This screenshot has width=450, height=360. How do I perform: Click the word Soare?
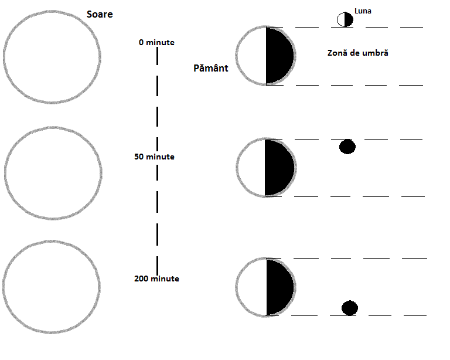pos(99,14)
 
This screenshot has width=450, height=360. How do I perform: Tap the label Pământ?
pos(210,68)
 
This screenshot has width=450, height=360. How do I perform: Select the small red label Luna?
pos(363,11)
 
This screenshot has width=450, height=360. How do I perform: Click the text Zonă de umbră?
pos(358,53)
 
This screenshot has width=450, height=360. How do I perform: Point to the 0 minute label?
pos(156,42)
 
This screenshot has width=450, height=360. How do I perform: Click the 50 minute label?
pos(154,157)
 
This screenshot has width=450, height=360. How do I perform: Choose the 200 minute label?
pos(156,279)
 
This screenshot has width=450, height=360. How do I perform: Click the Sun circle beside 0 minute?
pos(50,56)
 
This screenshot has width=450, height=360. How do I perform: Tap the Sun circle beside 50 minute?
pos(50,171)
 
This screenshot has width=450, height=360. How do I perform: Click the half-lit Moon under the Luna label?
pos(345,19)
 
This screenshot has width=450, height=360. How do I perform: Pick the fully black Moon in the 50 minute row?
pos(347,147)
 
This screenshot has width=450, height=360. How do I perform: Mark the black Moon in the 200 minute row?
pos(350,308)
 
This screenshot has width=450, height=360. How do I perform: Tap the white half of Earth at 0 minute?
pos(253,56)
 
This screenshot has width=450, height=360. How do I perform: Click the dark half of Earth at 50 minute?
pos(278,167)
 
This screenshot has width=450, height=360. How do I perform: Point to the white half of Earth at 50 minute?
pos(253,167)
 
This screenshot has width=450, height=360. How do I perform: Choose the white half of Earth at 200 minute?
pos(253,288)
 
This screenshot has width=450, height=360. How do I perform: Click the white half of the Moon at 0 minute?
pos(341,19)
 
